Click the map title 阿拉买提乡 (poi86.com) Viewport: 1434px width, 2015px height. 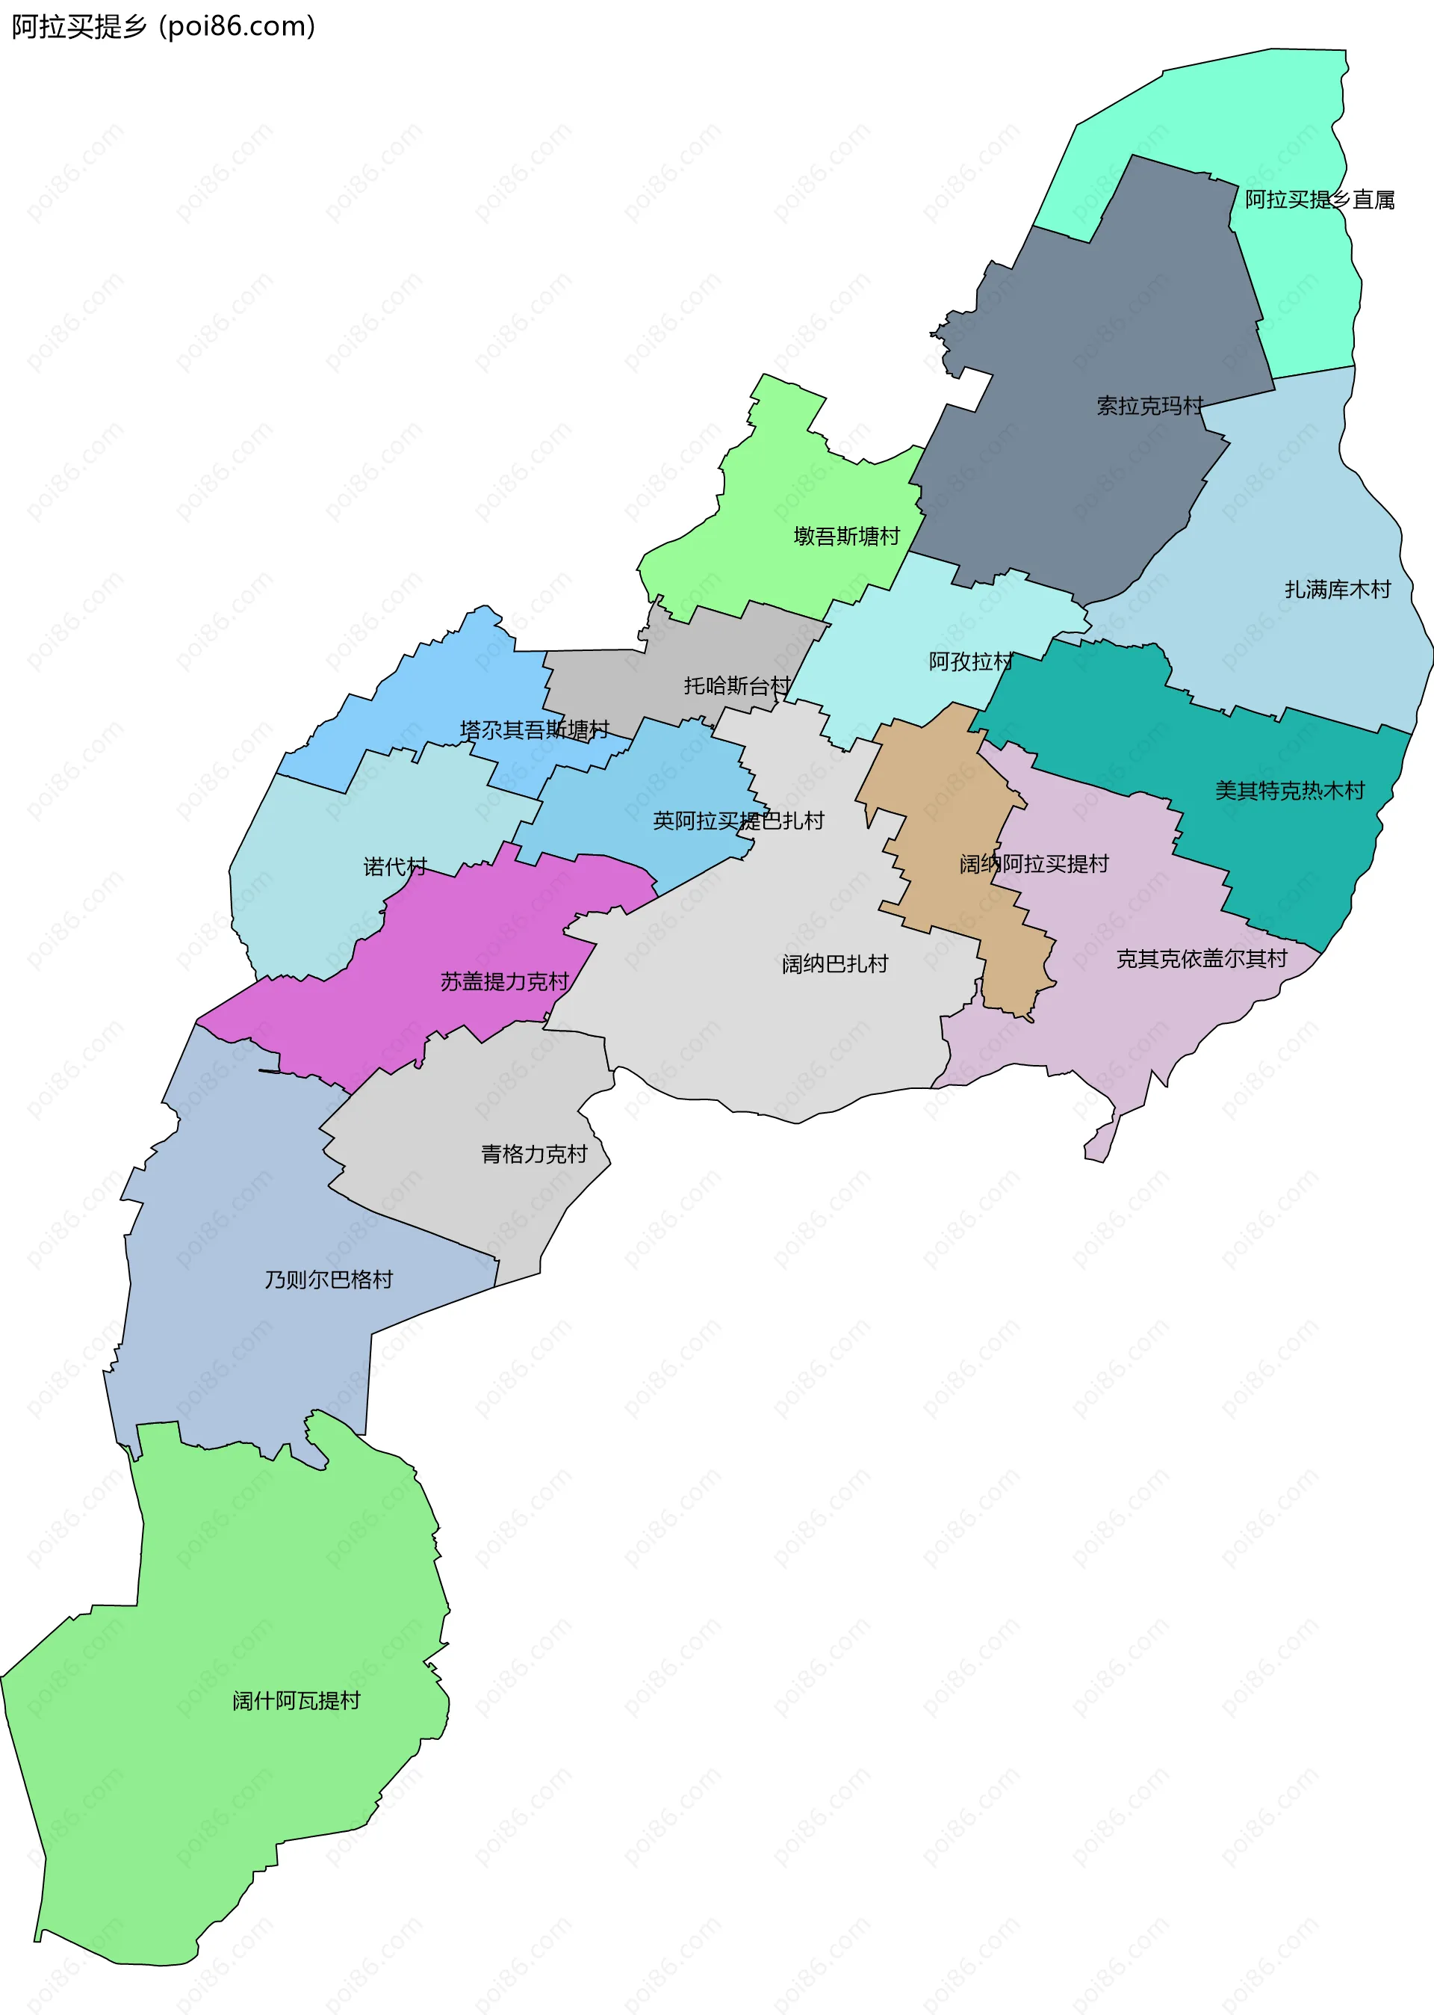tap(164, 26)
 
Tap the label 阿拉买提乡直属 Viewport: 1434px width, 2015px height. tap(1319, 200)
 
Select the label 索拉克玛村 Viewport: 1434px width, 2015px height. tap(1149, 406)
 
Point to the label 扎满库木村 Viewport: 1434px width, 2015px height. tap(1337, 589)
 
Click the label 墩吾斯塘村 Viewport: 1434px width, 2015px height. tap(846, 536)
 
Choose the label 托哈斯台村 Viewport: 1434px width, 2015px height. tap(736, 685)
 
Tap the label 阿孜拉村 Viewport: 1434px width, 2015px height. tap(970, 661)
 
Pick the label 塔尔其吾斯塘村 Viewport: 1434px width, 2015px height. tap(534, 729)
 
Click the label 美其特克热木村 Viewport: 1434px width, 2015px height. tap(1289, 791)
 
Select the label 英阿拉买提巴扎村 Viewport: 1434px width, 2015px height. tap(738, 821)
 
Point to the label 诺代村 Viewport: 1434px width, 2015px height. tap(394, 866)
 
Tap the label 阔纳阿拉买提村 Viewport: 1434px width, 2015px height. tap(1034, 864)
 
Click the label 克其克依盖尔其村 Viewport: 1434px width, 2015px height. tap(1201, 958)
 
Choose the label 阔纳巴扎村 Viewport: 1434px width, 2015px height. tap(834, 963)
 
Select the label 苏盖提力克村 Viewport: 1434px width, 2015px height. tap(504, 981)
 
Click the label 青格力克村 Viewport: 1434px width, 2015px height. tap(533, 1154)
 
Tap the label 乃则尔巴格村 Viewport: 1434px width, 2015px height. tap(329, 1279)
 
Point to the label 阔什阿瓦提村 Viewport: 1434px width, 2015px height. tap(296, 1700)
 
